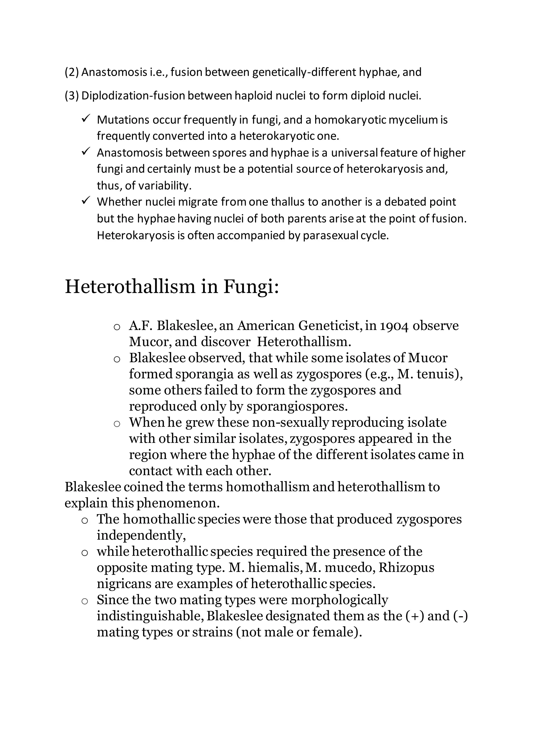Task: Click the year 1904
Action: click(394, 326)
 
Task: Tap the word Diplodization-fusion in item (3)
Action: click(133, 96)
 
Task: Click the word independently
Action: click(141, 535)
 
